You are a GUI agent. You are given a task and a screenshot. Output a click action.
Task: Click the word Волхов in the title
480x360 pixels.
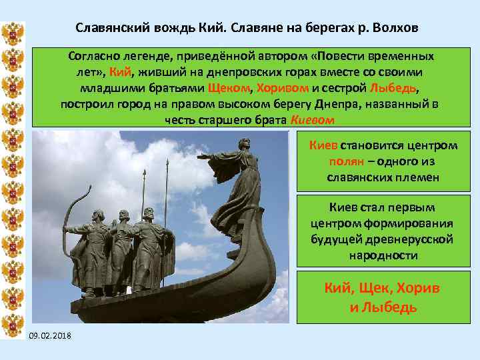pos(397,29)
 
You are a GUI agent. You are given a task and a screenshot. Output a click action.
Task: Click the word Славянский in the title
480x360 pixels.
pos(109,29)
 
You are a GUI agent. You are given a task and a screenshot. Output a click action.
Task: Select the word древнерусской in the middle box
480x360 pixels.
pos(415,239)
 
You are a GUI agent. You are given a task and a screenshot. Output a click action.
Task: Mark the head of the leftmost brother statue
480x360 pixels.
pos(97,217)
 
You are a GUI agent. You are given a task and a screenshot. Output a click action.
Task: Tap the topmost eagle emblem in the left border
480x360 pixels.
pos(13,33)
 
